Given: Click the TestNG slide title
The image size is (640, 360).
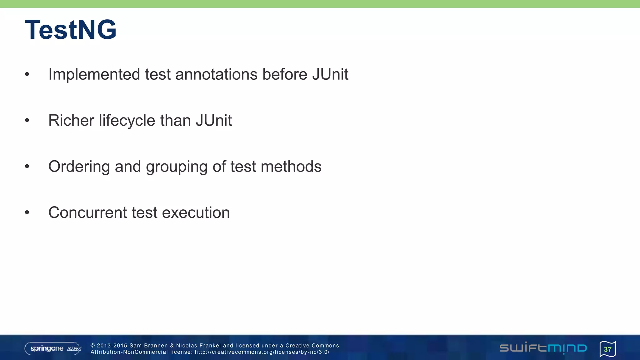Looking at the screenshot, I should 71,30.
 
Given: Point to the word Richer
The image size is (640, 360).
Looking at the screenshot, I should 71,121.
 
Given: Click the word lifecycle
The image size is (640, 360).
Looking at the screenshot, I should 127,121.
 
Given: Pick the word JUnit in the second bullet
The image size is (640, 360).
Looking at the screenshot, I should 214,121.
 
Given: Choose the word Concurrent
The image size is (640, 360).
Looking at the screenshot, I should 87,213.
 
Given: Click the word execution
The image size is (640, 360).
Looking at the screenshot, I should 196,213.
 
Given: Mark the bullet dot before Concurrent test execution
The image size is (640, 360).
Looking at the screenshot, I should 27,213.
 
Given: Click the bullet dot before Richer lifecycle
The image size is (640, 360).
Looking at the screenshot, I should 27,121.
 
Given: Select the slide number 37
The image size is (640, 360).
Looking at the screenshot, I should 607,349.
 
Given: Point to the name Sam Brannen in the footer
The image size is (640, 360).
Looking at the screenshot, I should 148,346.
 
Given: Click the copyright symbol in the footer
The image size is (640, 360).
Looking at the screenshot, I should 93,346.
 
